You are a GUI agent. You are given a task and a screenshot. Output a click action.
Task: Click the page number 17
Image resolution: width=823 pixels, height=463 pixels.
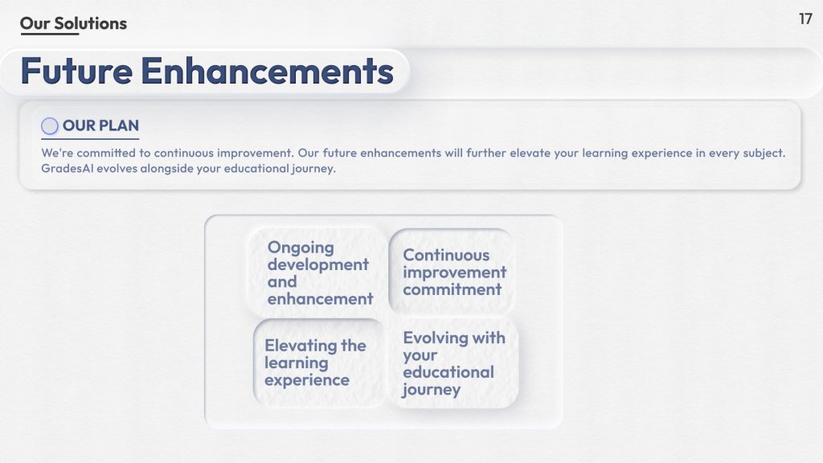coord(805,19)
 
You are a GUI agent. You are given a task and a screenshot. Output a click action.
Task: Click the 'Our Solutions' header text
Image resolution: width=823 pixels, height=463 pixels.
coord(73,23)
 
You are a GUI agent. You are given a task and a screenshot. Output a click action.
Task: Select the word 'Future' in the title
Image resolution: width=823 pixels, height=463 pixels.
coord(76,71)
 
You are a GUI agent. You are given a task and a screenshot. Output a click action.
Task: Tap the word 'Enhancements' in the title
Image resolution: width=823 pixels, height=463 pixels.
coord(267,71)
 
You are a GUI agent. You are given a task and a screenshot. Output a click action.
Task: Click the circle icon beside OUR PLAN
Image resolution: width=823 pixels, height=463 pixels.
coord(50,126)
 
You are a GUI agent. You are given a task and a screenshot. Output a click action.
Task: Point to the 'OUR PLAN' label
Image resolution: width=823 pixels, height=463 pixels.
coord(100,125)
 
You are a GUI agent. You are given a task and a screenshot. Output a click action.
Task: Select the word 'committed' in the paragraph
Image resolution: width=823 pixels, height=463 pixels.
coord(106,153)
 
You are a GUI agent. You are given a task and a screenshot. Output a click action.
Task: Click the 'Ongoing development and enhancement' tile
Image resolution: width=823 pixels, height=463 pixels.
coord(317,272)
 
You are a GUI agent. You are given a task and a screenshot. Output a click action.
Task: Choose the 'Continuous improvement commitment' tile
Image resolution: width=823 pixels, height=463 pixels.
coord(452,272)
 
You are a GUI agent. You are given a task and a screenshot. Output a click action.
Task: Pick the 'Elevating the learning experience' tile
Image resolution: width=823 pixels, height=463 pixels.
coord(319,363)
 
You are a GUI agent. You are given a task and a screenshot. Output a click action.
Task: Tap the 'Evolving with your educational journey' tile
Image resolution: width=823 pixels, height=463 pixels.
coord(453,363)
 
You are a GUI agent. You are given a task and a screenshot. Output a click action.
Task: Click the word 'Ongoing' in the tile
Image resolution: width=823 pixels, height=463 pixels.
coord(301,248)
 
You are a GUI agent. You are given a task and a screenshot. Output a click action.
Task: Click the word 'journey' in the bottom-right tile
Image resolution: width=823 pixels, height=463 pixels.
coord(432,390)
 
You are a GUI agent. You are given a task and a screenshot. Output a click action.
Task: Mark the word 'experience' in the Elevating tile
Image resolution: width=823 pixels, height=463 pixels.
coord(307,380)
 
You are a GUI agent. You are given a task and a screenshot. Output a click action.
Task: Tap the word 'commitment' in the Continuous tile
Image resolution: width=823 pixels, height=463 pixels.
coord(452,289)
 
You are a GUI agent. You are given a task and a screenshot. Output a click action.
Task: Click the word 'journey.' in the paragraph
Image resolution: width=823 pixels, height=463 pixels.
coord(314,169)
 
